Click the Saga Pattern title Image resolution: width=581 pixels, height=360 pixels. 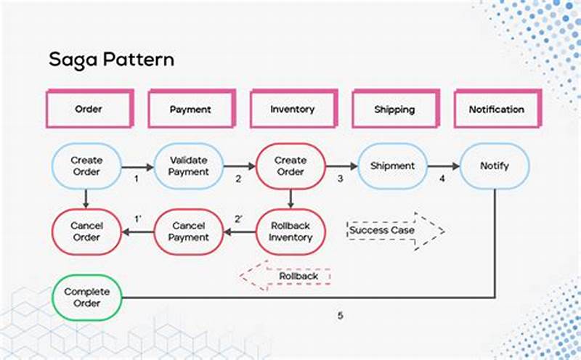(x=111, y=60)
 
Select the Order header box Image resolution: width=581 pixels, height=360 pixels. (x=89, y=110)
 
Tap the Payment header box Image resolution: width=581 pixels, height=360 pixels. (x=190, y=110)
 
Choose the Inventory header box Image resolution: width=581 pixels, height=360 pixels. (x=292, y=110)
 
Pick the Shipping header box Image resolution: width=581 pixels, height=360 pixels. (x=394, y=110)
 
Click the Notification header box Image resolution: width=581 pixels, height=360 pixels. (x=496, y=110)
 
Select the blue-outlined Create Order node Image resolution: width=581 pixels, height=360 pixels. (x=86, y=166)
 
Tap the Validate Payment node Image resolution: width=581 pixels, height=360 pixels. (x=189, y=166)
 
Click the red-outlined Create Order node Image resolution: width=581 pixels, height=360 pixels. (x=290, y=166)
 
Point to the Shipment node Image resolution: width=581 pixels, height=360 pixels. (x=392, y=166)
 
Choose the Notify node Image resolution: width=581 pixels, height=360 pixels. (x=495, y=166)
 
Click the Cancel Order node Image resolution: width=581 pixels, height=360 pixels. (x=86, y=232)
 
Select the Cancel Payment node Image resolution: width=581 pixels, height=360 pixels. (x=189, y=232)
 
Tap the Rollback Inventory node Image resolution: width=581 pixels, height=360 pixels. (x=290, y=232)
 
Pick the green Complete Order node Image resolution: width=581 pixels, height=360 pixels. (x=86, y=297)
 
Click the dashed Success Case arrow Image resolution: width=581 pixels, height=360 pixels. (x=394, y=231)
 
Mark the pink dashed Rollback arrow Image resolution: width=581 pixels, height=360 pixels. (x=286, y=277)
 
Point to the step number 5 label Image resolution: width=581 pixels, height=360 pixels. (x=340, y=316)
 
